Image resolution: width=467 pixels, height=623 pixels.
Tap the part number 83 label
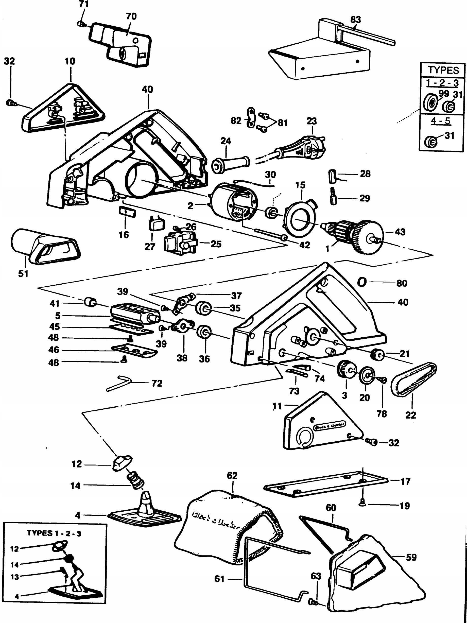(x=355, y=20)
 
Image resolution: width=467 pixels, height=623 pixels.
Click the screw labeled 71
(x=80, y=24)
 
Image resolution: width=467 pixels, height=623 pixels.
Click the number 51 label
(x=23, y=273)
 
